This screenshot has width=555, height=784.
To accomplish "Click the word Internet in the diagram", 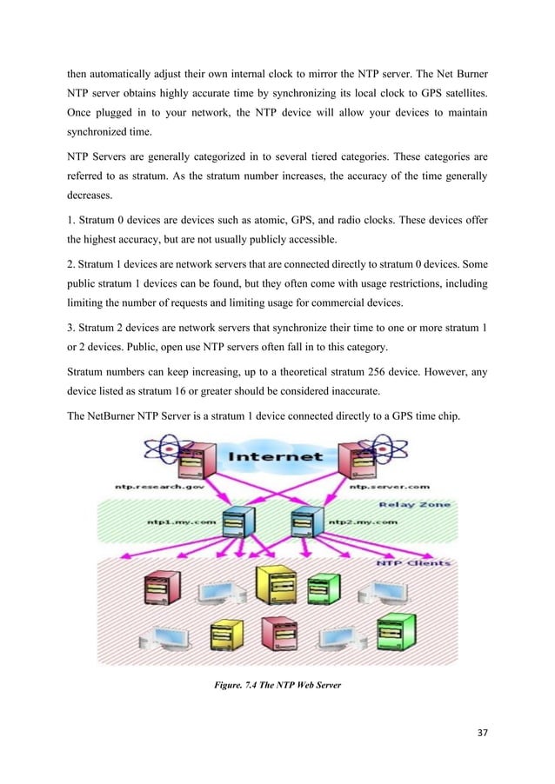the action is (277, 455).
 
